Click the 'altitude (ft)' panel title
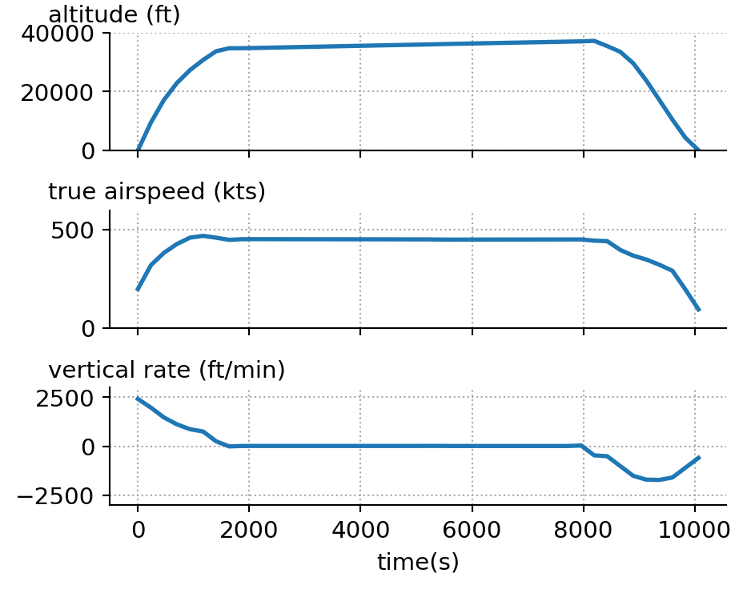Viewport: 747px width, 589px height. pyautogui.click(x=114, y=14)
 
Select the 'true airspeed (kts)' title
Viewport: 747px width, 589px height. pyautogui.click(x=157, y=192)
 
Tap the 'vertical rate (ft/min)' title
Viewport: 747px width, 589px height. pyautogui.click(x=167, y=370)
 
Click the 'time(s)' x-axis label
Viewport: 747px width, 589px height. pyautogui.click(x=418, y=563)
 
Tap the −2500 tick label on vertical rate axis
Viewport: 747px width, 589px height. pyautogui.click(x=62, y=496)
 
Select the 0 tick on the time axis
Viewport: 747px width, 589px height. pyautogui.click(x=138, y=529)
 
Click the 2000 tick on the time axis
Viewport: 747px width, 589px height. pyautogui.click(x=249, y=529)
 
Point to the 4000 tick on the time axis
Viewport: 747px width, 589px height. pyautogui.click(x=360, y=529)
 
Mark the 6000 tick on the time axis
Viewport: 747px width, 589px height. pyautogui.click(x=472, y=529)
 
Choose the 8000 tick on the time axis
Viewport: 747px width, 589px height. pyautogui.click(x=583, y=529)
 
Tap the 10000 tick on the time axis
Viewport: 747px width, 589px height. pyautogui.click(x=694, y=529)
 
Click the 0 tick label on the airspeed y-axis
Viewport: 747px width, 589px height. pyautogui.click(x=90, y=329)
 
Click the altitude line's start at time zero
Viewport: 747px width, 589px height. pyautogui.click(x=138, y=150)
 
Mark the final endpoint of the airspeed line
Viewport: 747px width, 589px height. pyautogui.click(x=699, y=310)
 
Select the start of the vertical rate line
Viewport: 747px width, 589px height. pyautogui.click(x=138, y=398)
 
